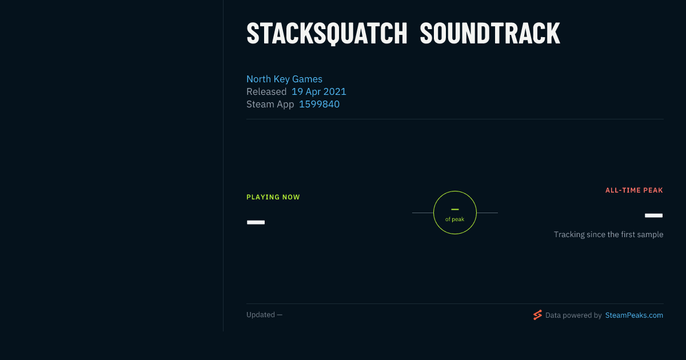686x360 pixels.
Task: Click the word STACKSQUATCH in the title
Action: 327,34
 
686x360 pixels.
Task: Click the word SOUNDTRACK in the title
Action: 490,34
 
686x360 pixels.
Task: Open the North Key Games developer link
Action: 284,79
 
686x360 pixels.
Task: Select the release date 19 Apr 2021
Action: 319,91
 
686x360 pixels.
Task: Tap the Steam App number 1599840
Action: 319,104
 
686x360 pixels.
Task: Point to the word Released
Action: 266,91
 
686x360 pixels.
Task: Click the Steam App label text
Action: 270,105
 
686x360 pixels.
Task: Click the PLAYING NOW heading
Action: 273,197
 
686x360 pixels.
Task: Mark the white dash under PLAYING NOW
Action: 256,222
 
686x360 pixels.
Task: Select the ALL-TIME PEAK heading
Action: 634,190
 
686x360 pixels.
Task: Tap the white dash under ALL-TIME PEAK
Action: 653,215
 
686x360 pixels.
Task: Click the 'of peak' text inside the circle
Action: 455,219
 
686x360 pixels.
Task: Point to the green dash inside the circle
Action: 455,209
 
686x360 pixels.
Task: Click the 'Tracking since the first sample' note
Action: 608,234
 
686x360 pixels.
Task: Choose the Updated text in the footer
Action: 264,315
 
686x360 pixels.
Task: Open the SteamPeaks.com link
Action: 634,315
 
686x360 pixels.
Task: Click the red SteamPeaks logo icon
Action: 537,315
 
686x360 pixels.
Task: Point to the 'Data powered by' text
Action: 573,315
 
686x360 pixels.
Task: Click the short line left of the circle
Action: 422,213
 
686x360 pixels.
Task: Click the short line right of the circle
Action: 487,213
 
